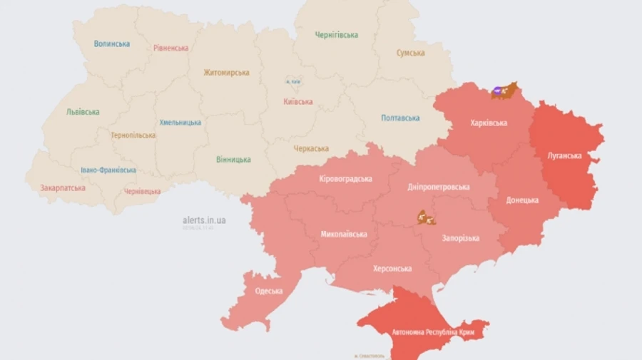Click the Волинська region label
[x=112, y=43]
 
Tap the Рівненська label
[x=171, y=48]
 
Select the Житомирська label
[x=226, y=73]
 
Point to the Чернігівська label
[x=337, y=35]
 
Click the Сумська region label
[x=411, y=53]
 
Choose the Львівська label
[x=83, y=112]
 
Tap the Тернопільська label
[x=133, y=135]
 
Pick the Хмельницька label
[x=180, y=122]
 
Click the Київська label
[x=298, y=102]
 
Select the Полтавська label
[x=400, y=118]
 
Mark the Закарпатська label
[x=63, y=188]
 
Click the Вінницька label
[x=233, y=160]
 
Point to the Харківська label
[x=489, y=123]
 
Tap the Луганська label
[x=565, y=155]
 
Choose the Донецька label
[x=522, y=200]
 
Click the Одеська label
[x=269, y=291]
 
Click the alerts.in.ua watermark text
[x=205, y=220]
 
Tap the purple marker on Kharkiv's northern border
[x=497, y=91]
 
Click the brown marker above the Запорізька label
[x=427, y=217]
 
